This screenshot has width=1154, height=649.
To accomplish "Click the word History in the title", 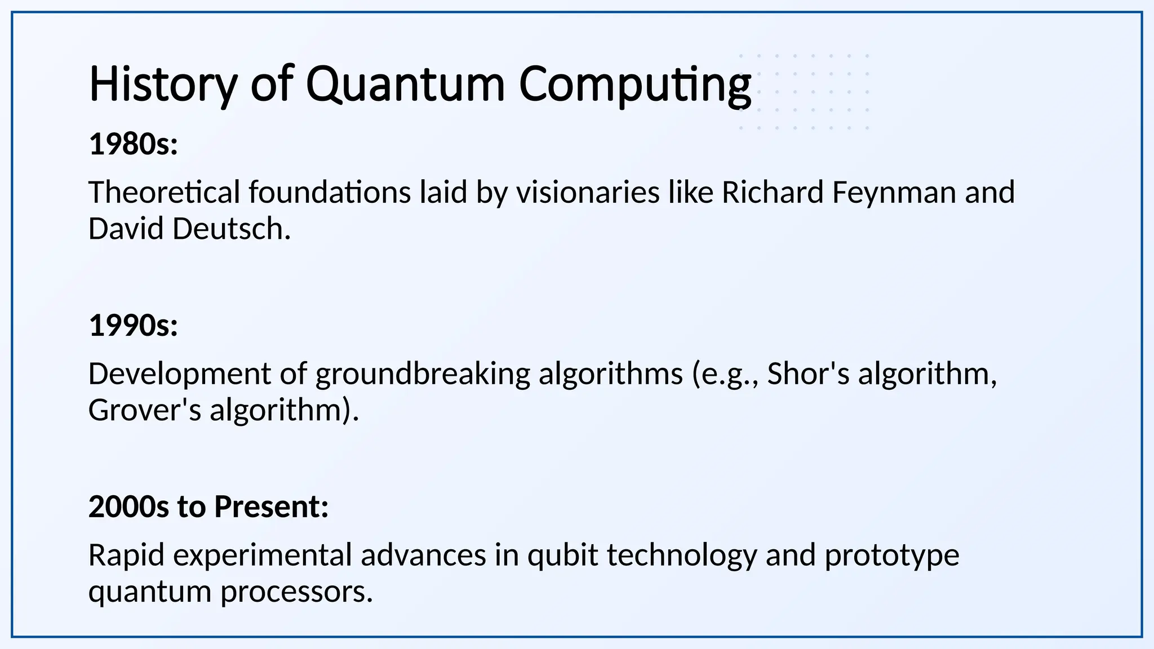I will coord(163,85).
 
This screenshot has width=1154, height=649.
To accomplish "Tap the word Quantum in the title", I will coord(405,85).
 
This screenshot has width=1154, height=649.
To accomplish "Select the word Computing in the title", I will coord(634,85).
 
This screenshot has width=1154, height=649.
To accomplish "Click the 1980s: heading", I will coord(134,144).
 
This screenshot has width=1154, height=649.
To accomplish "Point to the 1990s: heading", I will coord(134,326).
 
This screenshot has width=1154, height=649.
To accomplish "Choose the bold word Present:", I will coord(271,506).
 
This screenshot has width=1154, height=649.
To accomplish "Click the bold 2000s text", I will coord(128,506).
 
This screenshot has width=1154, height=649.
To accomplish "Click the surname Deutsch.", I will coord(232,229).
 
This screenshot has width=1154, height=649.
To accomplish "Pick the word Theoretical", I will coord(164,192).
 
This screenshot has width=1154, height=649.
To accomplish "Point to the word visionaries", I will coord(588,192).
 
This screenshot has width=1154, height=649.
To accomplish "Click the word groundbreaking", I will coord(423,374).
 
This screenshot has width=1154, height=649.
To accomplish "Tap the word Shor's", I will coord(808,374).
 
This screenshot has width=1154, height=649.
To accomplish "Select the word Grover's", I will coord(145,410).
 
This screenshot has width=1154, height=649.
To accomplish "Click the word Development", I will coord(180,374).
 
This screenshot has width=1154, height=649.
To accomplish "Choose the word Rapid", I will coord(126,555).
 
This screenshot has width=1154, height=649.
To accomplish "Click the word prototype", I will coord(891,555).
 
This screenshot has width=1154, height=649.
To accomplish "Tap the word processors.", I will coord(296,592).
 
